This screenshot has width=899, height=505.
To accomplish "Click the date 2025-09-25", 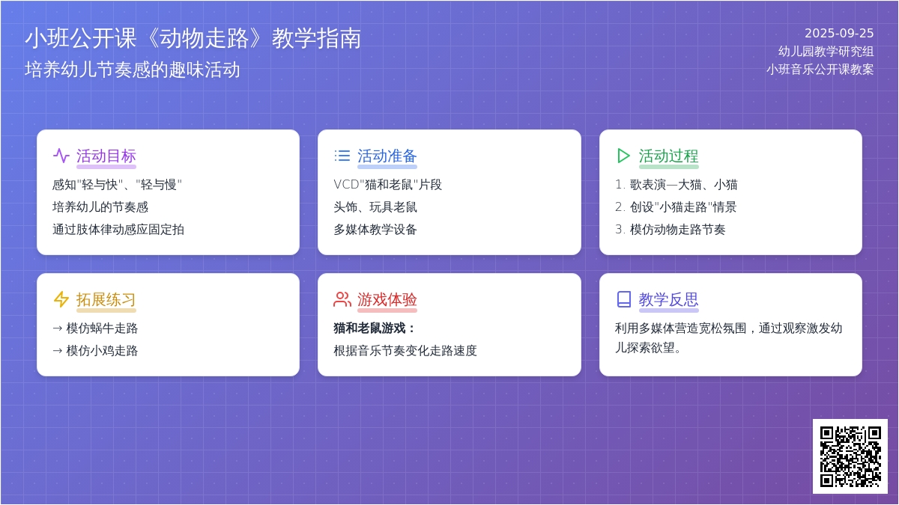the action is (839, 33).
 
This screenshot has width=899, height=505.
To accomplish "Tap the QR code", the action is (850, 456).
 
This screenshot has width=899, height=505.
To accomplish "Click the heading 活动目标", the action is (106, 156).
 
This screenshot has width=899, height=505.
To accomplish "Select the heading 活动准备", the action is (387, 156).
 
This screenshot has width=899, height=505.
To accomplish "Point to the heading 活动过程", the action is (668, 156).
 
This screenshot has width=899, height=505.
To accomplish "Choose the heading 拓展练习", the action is (106, 299).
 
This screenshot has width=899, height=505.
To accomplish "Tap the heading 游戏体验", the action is (387, 299).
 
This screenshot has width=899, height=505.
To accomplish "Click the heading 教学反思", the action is (668, 299).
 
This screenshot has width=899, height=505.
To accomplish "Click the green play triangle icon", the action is (623, 156).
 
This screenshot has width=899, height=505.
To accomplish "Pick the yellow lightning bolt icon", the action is (61, 299).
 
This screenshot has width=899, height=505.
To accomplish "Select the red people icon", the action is (342, 299).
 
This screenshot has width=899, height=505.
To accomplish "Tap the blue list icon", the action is (342, 156).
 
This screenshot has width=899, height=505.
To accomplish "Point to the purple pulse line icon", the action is (61, 156).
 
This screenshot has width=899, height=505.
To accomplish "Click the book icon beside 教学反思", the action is (623, 299).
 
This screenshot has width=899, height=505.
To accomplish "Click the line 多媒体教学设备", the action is (375, 230).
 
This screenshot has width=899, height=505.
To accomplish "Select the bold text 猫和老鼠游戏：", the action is (374, 328).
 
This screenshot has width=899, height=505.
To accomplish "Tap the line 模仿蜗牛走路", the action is (95, 328).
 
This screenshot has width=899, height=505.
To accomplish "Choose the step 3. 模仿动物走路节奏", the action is (671, 230).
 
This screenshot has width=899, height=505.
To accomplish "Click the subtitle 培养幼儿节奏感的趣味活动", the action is (133, 70).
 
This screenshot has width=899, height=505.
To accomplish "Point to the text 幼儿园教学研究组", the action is (826, 52).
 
